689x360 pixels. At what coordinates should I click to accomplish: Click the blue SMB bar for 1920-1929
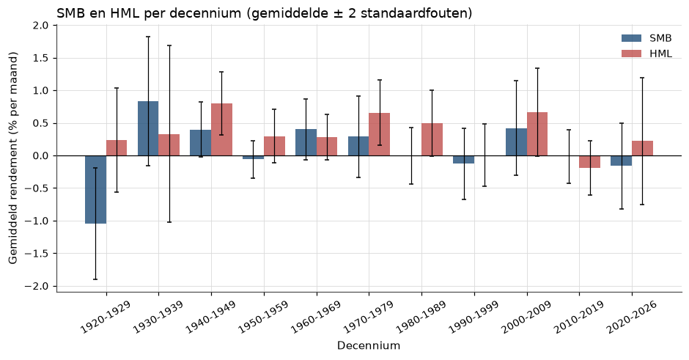click(95, 189)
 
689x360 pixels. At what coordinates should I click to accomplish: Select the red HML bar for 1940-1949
click(221, 130)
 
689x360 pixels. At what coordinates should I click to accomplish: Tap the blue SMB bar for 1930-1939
click(148, 128)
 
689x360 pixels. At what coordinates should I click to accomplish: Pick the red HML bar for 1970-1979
click(379, 134)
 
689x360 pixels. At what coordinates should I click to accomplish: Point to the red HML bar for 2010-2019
click(590, 162)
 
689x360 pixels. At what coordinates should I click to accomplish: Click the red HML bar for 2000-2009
click(537, 134)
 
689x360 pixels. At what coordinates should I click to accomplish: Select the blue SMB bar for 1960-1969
click(306, 142)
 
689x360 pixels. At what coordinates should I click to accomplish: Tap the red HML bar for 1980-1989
click(432, 139)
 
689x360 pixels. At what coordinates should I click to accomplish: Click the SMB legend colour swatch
click(631, 38)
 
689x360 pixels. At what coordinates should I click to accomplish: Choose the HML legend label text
click(660, 54)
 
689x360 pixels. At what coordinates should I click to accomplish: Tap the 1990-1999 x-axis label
click(474, 317)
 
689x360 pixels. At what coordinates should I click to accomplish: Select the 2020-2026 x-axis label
click(631, 317)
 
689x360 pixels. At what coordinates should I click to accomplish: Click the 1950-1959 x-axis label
click(263, 317)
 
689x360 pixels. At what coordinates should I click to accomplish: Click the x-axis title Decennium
click(369, 346)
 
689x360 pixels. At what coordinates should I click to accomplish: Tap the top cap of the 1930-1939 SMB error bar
click(148, 37)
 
